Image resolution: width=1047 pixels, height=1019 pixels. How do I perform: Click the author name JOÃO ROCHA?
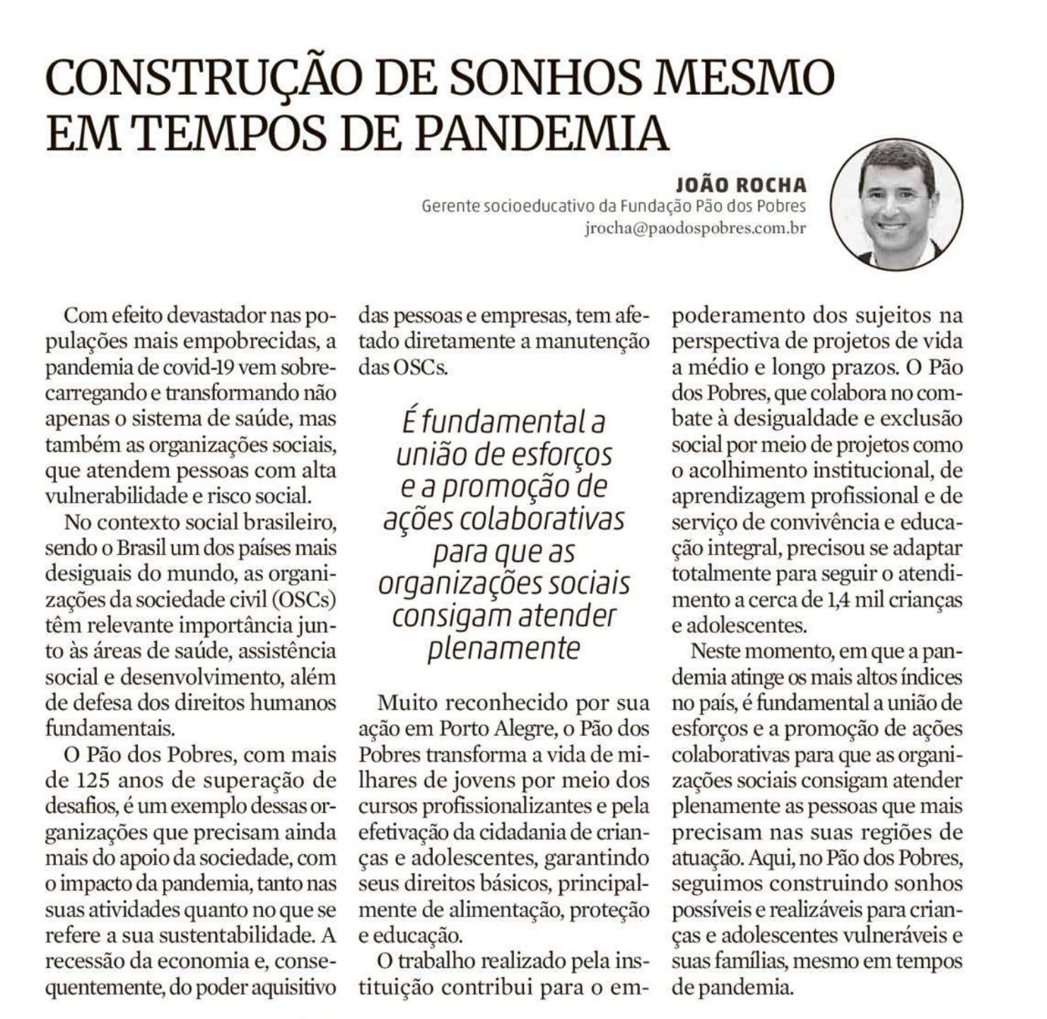[740, 185]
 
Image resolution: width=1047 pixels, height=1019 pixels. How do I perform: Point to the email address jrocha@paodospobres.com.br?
[695, 229]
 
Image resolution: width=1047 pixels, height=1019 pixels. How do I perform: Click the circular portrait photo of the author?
[896, 204]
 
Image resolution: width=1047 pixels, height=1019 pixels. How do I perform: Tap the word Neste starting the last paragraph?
[715, 651]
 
